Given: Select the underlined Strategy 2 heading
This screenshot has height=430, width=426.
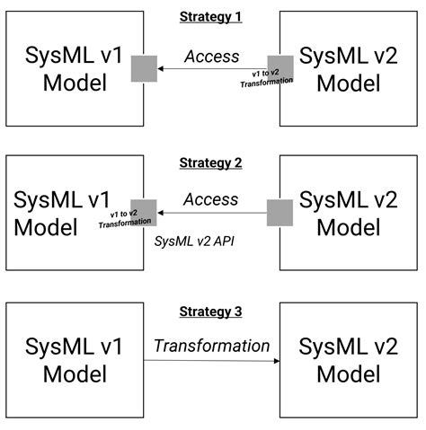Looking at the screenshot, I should coord(211,162).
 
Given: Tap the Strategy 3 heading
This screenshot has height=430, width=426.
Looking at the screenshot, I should coord(211,312).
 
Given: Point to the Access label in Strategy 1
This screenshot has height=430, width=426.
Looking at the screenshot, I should coord(211,57).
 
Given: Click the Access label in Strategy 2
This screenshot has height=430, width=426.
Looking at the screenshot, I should coord(211,199).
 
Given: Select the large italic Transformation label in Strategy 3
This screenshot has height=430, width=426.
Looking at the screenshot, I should coord(211,346).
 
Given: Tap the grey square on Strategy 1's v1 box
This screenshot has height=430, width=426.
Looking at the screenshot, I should coord(144,68).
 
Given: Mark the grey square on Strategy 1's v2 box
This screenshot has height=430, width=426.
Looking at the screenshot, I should coord(280,68).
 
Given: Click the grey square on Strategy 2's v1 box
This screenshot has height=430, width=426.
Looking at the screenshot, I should coord(144,213).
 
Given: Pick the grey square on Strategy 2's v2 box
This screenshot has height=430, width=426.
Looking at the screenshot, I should coord(280,213).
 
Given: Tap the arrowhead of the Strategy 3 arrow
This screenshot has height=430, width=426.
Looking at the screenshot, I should coord(276,361).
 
